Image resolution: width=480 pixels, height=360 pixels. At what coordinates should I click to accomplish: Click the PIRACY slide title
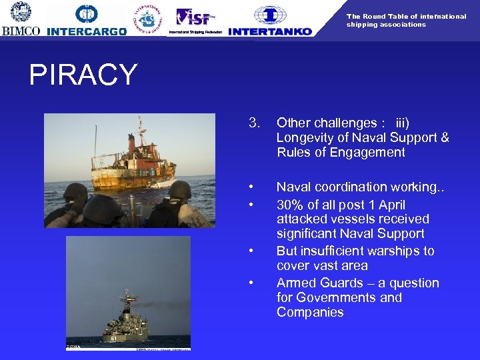point(83,75)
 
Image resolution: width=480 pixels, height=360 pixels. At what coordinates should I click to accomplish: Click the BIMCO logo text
point(21,31)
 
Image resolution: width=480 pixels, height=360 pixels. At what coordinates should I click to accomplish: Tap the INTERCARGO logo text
point(87,31)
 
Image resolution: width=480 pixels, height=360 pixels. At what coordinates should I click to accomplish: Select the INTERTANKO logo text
point(269,31)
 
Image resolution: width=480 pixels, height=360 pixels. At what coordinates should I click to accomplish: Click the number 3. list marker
point(254,123)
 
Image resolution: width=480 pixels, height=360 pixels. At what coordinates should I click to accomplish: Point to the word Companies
point(310,312)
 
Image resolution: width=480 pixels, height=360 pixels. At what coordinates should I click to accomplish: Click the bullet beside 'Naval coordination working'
point(250,187)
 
